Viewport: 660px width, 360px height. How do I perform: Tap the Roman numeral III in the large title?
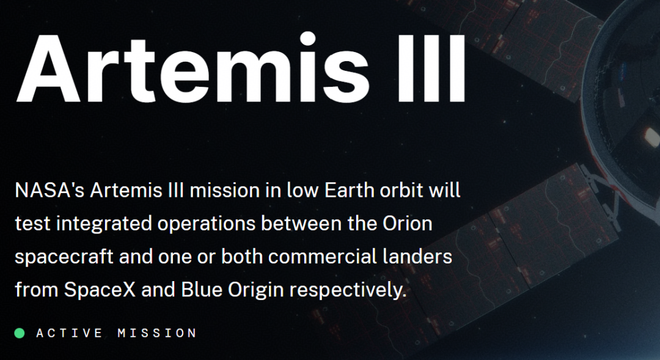pyautogui.click(x=431, y=68)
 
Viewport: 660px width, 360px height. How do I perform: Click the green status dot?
pyautogui.click(x=20, y=333)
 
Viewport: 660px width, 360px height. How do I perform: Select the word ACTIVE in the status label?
pyautogui.click(x=70, y=333)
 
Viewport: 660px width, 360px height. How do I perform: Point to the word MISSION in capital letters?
pyautogui.click(x=157, y=333)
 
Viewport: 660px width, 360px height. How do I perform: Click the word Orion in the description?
pyautogui.click(x=408, y=224)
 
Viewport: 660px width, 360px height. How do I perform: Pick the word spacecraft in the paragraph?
pyautogui.click(x=64, y=257)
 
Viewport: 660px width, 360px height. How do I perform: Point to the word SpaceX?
pyautogui.click(x=100, y=290)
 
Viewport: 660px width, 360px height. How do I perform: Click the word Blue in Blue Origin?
pyautogui.click(x=202, y=290)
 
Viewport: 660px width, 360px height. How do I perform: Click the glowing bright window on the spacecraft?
pyautogui.click(x=651, y=138)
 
